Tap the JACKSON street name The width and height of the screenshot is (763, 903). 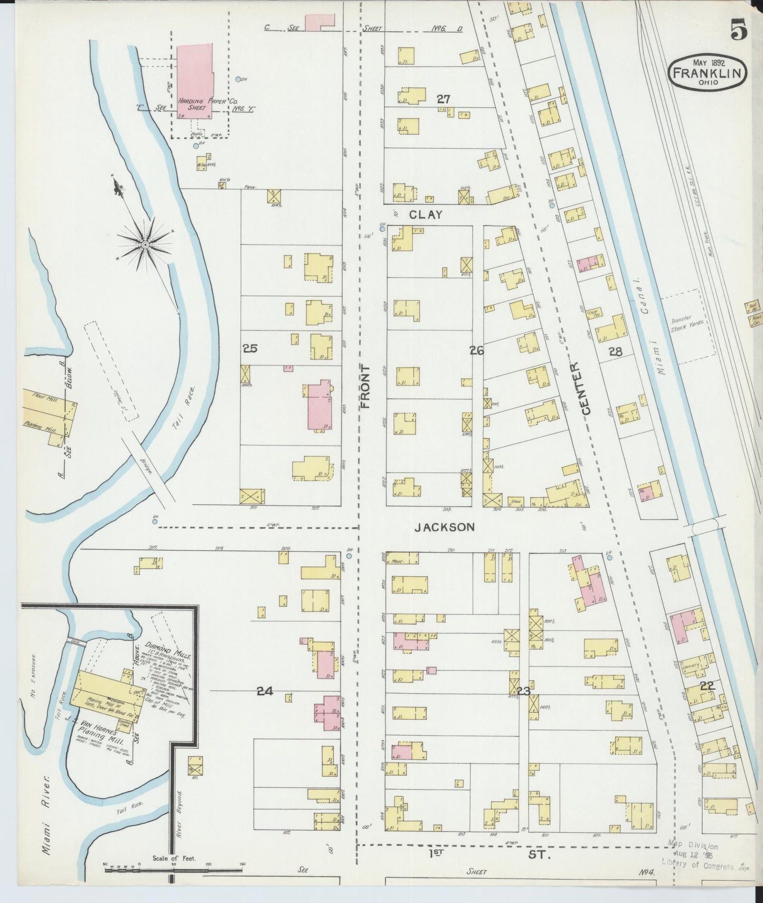[x=444, y=527]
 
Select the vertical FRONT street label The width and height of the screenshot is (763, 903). [x=365, y=387]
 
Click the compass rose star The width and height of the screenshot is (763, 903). [x=145, y=244]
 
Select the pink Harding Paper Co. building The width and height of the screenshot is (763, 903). [x=195, y=79]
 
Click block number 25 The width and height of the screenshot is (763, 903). [x=250, y=348]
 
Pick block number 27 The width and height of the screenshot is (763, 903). [x=443, y=98]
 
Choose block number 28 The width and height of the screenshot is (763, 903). [x=615, y=351]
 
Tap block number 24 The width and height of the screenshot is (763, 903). [x=265, y=691]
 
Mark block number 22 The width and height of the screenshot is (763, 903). [x=707, y=686]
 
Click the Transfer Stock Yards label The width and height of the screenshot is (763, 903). [x=684, y=324]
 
